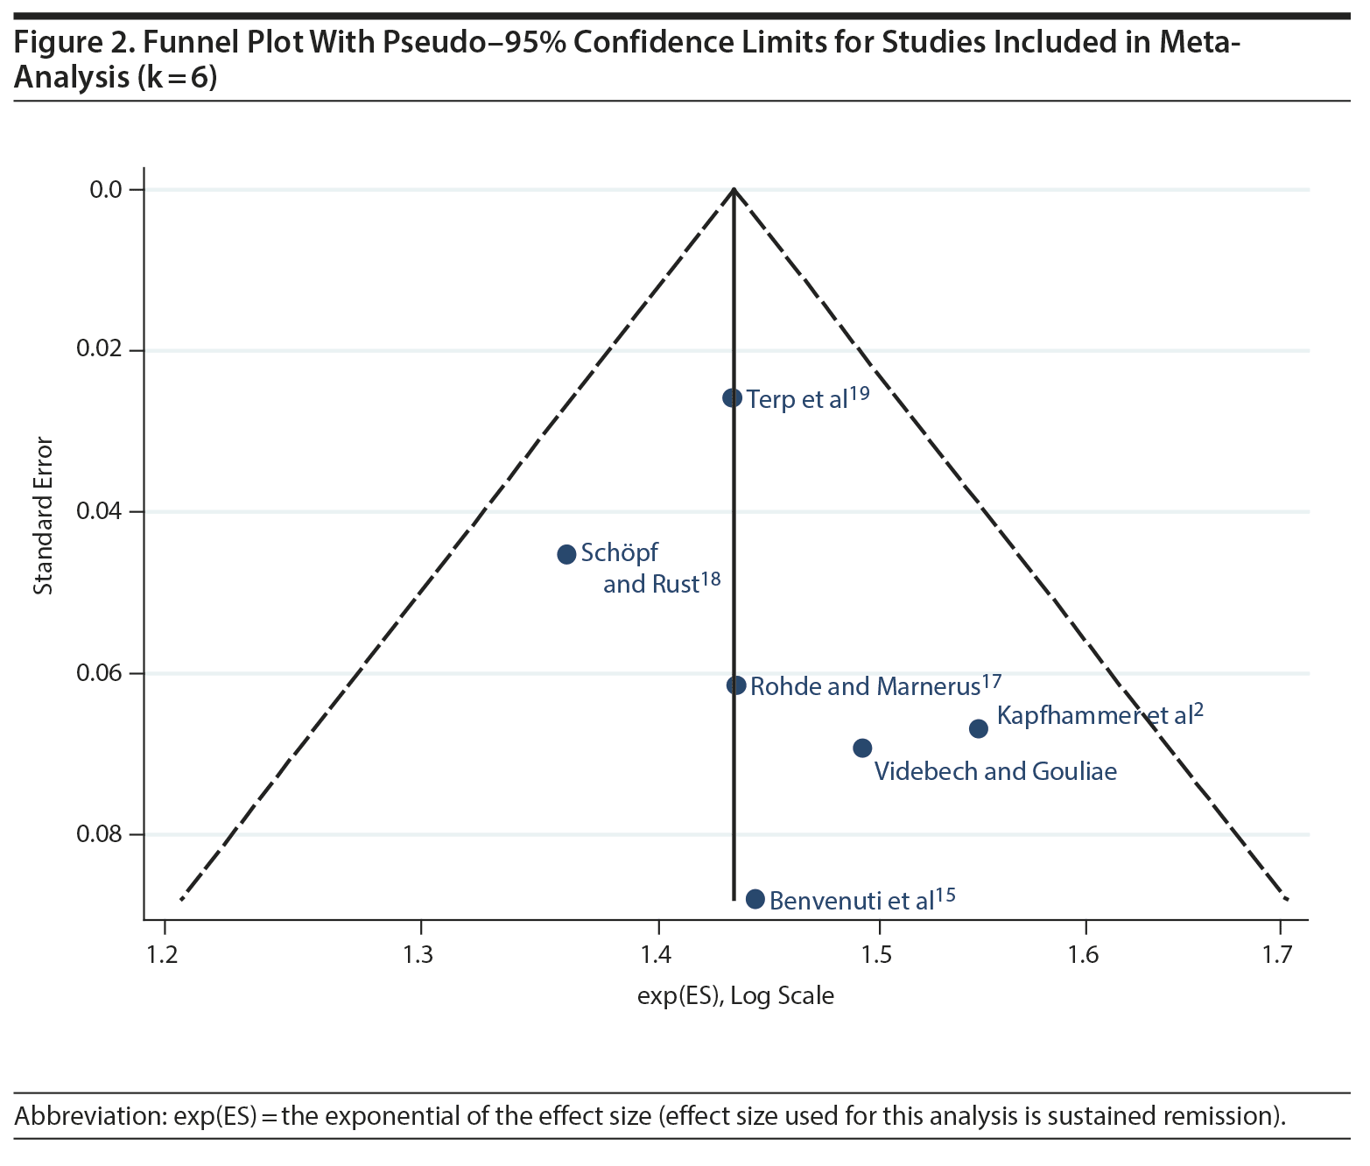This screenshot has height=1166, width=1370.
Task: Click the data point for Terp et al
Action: (732, 398)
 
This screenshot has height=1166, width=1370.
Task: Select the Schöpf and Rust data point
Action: (566, 554)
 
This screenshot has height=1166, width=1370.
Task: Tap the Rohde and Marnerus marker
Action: (736, 685)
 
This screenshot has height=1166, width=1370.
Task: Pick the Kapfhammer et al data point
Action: (979, 728)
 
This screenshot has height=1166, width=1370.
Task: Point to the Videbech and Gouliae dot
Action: (862, 748)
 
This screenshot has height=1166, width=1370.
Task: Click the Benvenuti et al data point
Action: (755, 899)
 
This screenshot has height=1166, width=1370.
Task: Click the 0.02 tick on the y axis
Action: (98, 349)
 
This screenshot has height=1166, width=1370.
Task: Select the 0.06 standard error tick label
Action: (98, 672)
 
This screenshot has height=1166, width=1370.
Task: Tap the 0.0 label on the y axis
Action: (105, 189)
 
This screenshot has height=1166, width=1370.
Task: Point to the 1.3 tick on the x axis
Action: (420, 953)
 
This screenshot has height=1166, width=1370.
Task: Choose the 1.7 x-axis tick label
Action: (1278, 953)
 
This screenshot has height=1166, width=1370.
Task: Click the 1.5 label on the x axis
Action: (878, 953)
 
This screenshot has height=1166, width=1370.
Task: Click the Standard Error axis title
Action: (43, 516)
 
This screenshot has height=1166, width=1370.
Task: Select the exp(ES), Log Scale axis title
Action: (735, 995)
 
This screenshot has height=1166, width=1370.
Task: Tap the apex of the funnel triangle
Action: (734, 189)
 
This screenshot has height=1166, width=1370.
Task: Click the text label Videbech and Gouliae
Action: (995, 771)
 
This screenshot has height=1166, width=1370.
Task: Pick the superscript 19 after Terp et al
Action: (859, 393)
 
